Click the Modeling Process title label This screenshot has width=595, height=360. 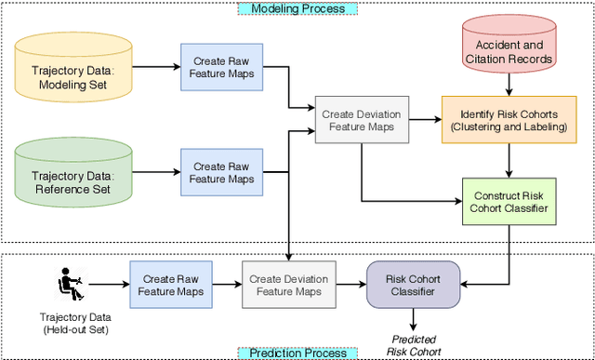coord(297,8)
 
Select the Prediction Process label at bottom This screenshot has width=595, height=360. coord(297,353)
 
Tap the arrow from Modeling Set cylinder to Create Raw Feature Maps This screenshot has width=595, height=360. coord(155,67)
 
